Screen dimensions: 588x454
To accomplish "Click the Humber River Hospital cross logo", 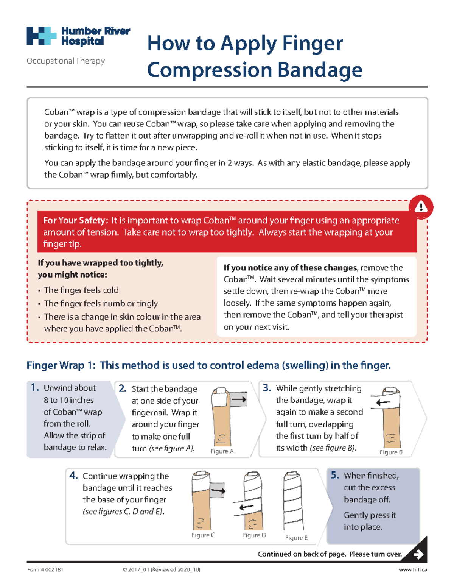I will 41,36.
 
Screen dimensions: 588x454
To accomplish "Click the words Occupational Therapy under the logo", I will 66,61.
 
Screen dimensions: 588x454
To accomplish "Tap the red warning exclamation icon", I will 421,207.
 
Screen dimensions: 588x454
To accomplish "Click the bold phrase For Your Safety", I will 76,220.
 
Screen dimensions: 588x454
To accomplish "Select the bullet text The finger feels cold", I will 81,290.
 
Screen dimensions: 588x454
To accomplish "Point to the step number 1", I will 35,387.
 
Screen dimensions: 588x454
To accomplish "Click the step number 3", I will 267,388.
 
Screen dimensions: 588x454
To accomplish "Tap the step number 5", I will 334,475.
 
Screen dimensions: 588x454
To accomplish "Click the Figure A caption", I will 222,451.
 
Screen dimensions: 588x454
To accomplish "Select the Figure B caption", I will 391,452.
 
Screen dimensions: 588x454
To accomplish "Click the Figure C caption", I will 203,535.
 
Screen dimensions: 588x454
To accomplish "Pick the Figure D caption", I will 254,535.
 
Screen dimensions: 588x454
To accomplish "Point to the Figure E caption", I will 296,538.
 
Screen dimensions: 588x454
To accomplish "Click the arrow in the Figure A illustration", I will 239,399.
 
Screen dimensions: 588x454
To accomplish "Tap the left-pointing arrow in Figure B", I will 383,402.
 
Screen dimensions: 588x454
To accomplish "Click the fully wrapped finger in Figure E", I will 294,502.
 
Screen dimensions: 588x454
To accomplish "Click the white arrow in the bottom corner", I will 418,554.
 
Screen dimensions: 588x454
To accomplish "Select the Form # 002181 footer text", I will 45,569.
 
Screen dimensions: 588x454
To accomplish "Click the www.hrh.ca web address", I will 413,569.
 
